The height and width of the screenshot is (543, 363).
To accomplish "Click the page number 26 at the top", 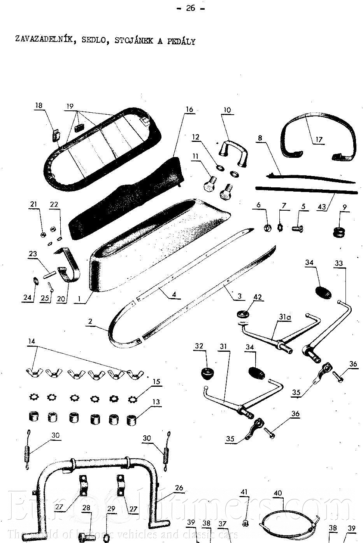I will click(190, 8).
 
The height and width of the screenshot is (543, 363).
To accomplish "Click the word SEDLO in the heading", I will click(93, 40).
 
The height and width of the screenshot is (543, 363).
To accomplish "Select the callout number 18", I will click(39, 106).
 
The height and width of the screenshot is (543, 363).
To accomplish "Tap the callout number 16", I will click(189, 110).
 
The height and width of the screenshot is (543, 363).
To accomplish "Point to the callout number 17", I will click(319, 140).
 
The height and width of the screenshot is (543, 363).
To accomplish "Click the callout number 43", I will click(321, 207).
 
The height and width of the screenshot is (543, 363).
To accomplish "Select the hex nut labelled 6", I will click(268, 227).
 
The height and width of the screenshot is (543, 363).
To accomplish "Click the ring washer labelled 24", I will click(34, 280).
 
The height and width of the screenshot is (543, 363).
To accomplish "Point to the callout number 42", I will click(257, 297).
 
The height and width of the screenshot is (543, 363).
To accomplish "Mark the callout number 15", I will click(156, 382).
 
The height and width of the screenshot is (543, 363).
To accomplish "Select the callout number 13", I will click(156, 402).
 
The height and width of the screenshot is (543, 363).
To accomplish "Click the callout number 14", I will click(31, 341).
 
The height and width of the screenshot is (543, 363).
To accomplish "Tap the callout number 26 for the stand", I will click(179, 488).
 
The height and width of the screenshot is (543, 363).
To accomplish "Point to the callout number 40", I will click(277, 493).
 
